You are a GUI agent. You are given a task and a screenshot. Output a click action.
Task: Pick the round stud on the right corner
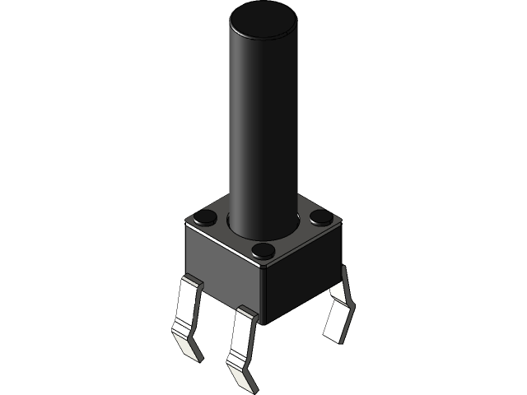[321, 217]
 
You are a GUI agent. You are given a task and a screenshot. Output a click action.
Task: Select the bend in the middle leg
[234, 354]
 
